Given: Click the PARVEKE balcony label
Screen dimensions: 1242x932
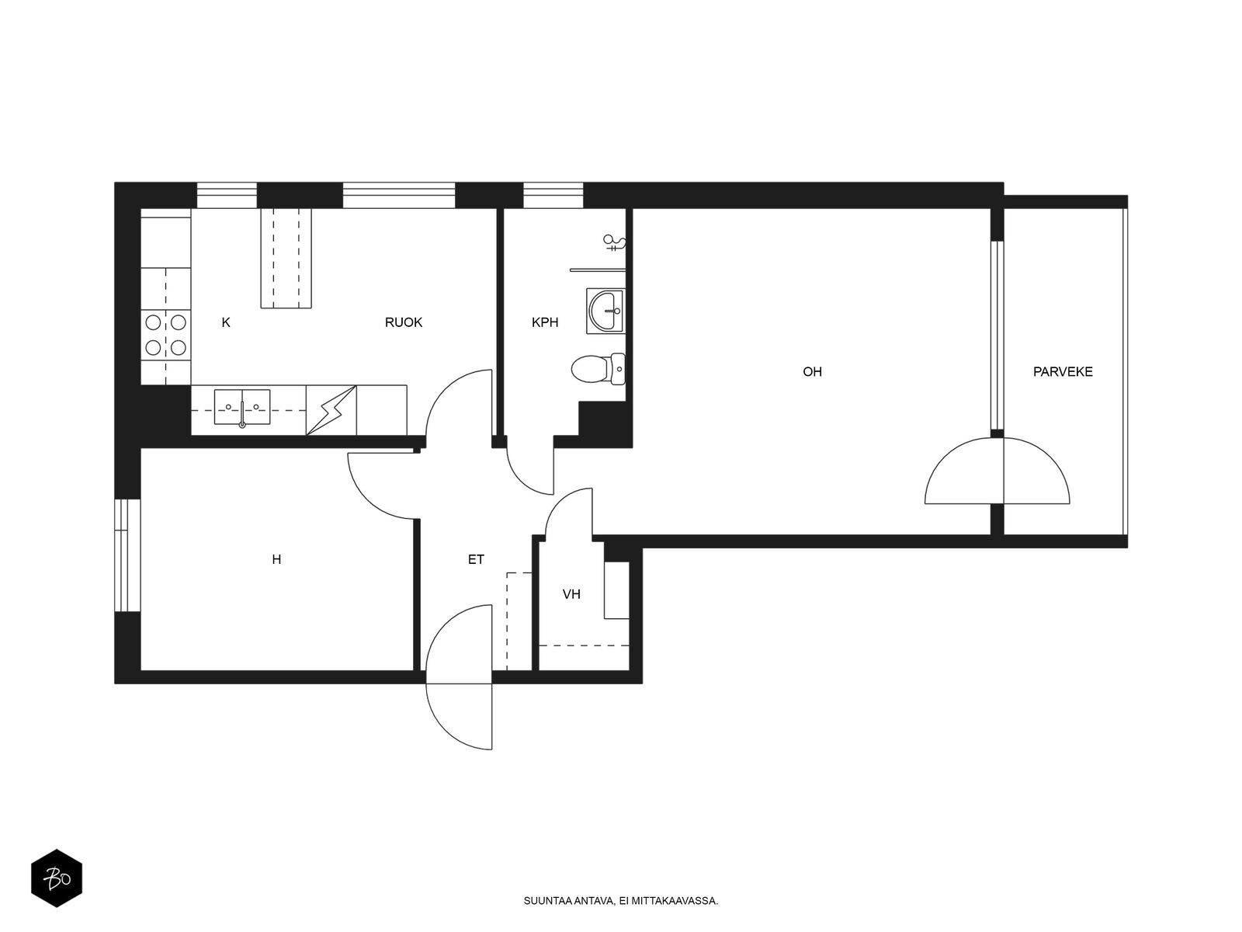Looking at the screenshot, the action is (1062, 372).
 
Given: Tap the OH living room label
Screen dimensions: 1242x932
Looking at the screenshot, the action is (812, 372).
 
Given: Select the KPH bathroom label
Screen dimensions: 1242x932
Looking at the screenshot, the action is (545, 322).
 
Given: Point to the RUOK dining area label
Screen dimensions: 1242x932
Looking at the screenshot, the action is (404, 322).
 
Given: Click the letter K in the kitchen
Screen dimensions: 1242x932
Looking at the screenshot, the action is (226, 322).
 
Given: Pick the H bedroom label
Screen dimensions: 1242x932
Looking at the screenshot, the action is (276, 560).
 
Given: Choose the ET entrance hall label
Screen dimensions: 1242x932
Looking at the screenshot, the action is (476, 560).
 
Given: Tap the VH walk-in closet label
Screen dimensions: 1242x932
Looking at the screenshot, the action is (571, 594).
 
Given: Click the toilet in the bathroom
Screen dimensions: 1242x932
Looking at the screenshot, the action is (598, 369).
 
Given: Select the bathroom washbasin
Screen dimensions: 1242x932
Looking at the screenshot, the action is (605, 311).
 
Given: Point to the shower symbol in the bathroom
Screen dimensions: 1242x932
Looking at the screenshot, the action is (615, 243).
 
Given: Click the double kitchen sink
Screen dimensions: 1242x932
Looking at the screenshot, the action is (242, 407).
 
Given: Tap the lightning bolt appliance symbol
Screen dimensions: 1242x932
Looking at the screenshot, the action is (331, 410).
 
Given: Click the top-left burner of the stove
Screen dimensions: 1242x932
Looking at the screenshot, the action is (154, 322).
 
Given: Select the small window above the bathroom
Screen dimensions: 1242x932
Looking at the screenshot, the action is (553, 195).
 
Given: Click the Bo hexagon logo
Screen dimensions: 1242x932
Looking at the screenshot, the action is (57, 878).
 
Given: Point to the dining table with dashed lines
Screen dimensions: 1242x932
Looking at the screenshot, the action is (286, 258).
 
